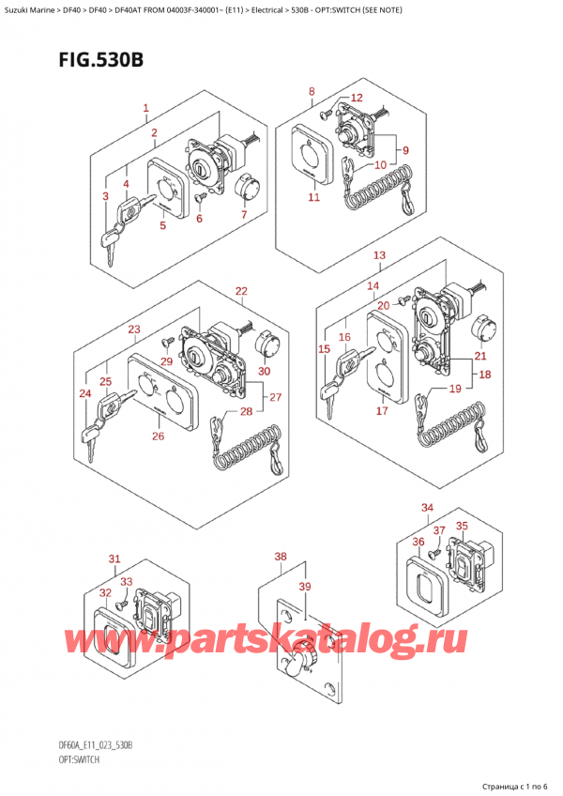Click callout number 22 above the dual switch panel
(x=241, y=291)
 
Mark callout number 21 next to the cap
(x=480, y=356)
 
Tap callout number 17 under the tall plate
(x=382, y=409)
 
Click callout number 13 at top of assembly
(x=379, y=255)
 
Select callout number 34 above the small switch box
(x=428, y=508)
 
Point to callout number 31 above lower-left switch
(x=114, y=560)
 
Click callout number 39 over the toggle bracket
(x=304, y=586)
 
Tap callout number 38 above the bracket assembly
(x=280, y=557)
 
